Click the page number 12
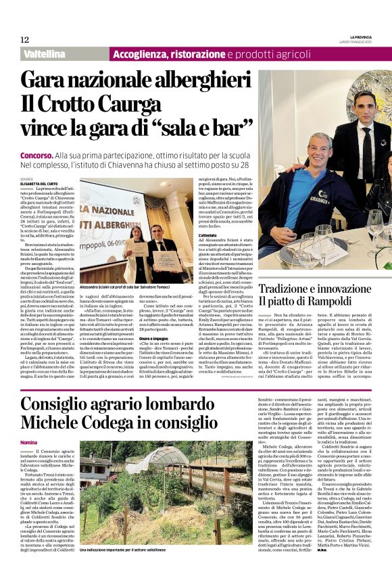(x=24, y=40)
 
